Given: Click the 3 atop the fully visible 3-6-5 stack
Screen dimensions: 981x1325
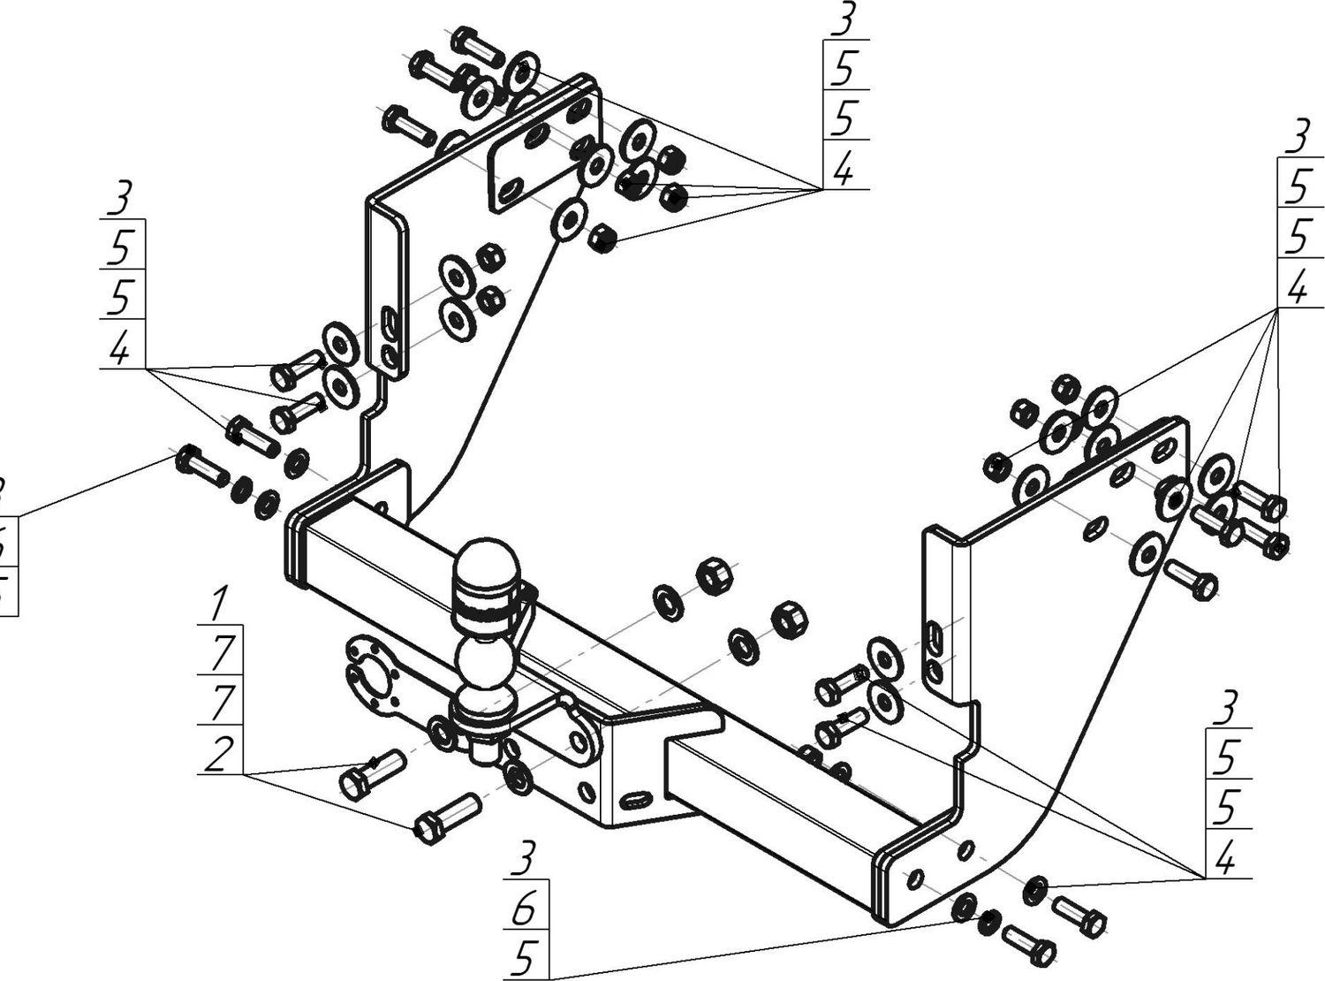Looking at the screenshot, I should [526, 857].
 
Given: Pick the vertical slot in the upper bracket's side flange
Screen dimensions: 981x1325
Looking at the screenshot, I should [390, 322].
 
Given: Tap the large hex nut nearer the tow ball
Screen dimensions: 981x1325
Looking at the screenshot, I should [715, 578].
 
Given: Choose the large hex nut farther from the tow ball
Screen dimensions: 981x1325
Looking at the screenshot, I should [789, 619].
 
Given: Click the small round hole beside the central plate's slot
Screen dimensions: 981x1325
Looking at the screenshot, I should [584, 788].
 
